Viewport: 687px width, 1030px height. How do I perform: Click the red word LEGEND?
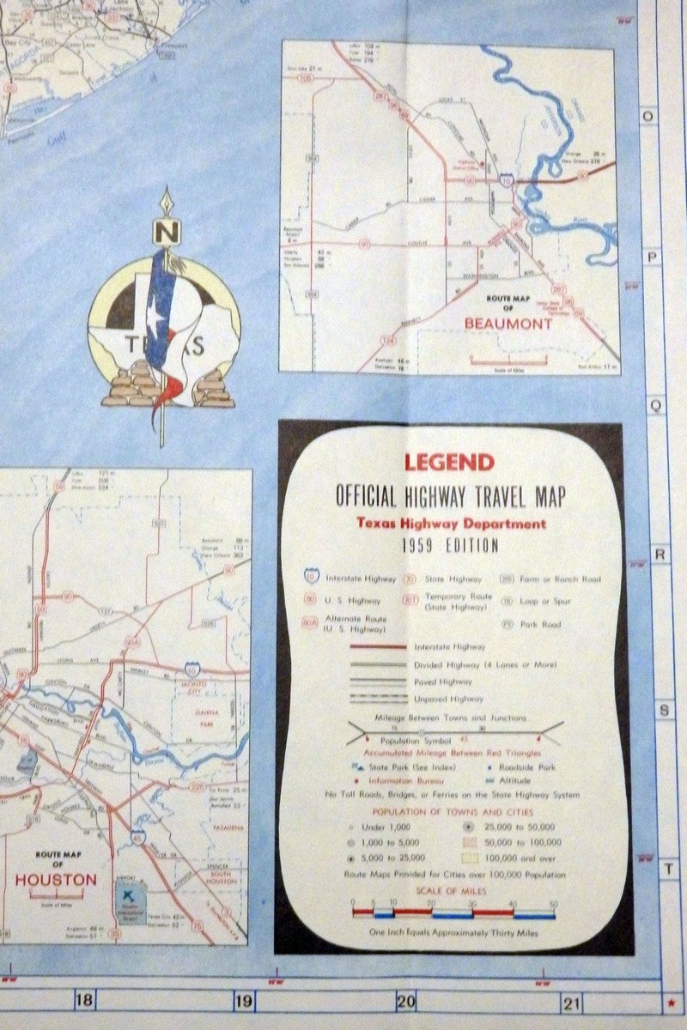click(449, 462)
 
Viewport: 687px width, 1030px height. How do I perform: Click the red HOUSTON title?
click(55, 880)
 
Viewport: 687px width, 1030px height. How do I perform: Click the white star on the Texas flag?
click(157, 324)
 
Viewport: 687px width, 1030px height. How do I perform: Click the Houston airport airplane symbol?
click(131, 894)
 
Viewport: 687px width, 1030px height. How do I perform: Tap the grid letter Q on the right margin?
click(654, 407)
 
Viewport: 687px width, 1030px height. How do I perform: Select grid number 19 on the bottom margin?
click(244, 999)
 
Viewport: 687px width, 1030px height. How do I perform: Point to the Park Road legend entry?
click(538, 625)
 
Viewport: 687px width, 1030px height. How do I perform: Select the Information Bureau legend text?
click(407, 781)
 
